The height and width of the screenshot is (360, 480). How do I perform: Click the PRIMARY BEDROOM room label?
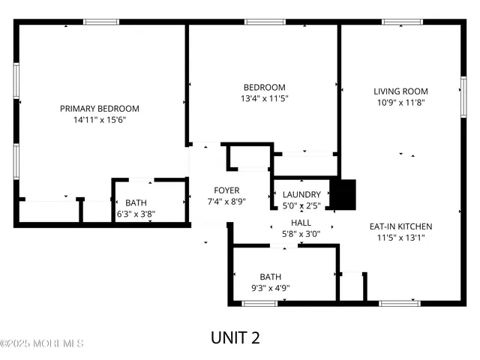[x=100, y=109]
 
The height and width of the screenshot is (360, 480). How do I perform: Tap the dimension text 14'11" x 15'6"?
[x=100, y=120]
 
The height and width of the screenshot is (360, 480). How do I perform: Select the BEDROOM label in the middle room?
[x=264, y=87]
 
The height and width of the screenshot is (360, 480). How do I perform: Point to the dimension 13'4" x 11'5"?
[x=264, y=98]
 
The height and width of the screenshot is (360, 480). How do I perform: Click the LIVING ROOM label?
[x=400, y=91]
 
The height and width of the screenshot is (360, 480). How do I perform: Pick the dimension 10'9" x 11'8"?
[x=400, y=103]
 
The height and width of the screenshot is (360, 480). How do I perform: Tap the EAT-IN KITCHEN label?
[x=400, y=226]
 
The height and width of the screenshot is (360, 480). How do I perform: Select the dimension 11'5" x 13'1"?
[x=400, y=238]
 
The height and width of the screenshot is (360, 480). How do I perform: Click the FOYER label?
[x=226, y=190]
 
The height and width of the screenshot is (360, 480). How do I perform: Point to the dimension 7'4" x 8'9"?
[x=226, y=202]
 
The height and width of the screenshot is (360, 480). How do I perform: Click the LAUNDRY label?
[x=301, y=195]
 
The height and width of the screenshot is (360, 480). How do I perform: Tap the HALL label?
[x=301, y=223]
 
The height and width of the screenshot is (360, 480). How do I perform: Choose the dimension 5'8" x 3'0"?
[x=301, y=234]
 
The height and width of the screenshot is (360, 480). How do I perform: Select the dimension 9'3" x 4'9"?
[x=270, y=287]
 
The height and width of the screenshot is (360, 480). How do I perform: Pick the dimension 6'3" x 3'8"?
[x=136, y=214]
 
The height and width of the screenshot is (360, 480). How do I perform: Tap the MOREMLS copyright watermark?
[x=42, y=344]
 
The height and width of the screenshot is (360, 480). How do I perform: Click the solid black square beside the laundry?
[x=345, y=195]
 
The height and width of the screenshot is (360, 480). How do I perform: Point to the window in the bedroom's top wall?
[x=260, y=22]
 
